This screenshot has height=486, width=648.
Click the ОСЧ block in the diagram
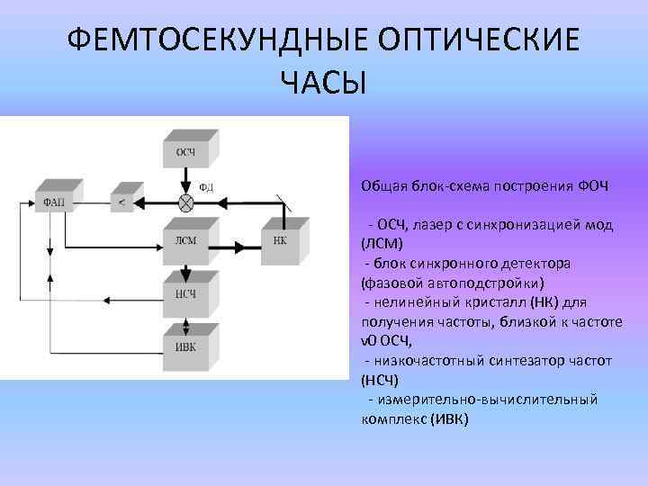tap(184, 150)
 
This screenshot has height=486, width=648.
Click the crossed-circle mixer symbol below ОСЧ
tap(185, 201)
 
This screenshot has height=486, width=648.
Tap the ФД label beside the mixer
tap(206, 188)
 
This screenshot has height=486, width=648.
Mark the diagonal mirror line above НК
tap(283, 201)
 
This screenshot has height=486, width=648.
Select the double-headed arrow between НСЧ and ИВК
tap(184, 318)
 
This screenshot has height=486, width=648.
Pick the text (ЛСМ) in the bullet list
tap(382, 243)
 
